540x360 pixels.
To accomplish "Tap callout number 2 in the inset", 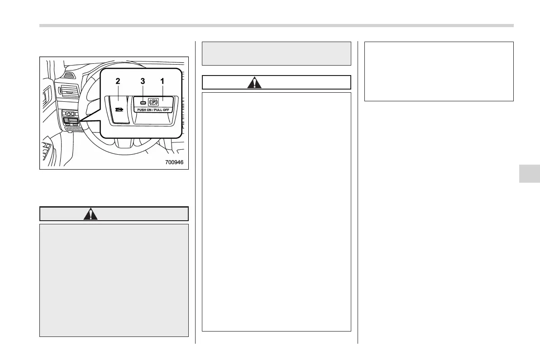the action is (x=118, y=81).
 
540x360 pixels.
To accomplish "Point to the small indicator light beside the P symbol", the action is (x=143, y=103).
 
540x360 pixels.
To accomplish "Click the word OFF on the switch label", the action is (x=169, y=110).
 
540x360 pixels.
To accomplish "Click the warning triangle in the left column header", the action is (x=91, y=214).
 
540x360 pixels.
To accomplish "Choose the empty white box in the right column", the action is (x=439, y=71).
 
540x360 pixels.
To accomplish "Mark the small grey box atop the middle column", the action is (x=276, y=53).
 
